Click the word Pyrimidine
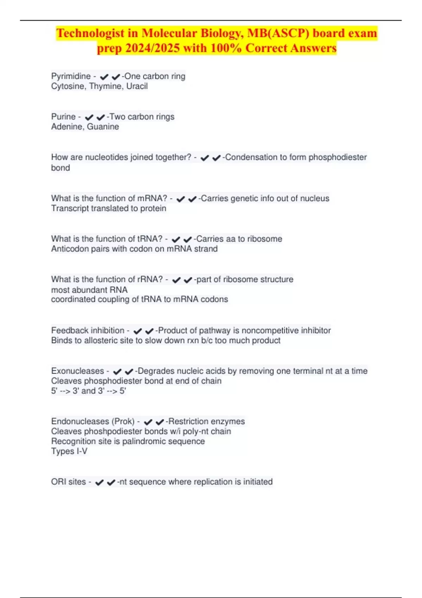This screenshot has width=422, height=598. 71,76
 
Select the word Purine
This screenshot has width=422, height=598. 63,117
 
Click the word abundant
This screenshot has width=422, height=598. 90,290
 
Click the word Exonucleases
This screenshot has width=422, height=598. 77,371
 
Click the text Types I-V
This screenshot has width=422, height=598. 69,451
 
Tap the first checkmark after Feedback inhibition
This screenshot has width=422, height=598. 138,331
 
